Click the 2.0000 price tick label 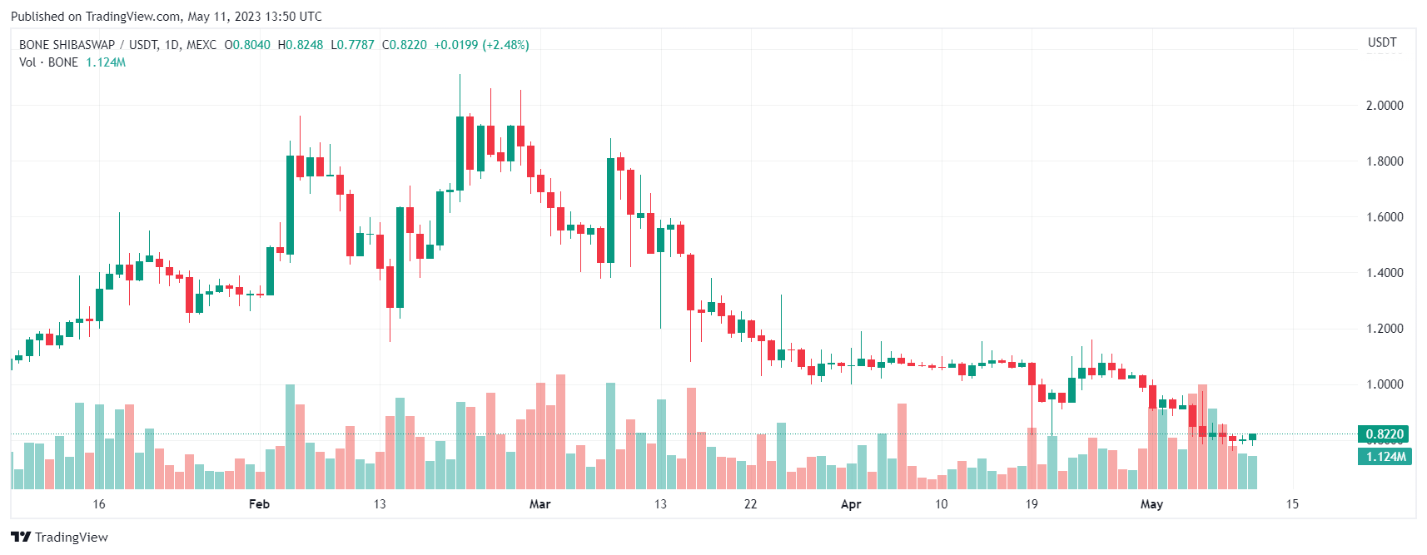[x=1384, y=106]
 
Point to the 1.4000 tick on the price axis [x=1384, y=273]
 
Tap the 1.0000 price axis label [x=1384, y=384]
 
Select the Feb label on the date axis [x=259, y=504]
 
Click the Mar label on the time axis [x=539, y=504]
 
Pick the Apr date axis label [x=851, y=504]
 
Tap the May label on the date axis [x=1151, y=504]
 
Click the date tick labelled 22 [x=750, y=504]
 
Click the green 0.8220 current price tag [x=1384, y=434]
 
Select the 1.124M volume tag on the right [x=1384, y=457]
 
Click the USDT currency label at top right [x=1382, y=42]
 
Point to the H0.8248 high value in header [x=301, y=45]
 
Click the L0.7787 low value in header [x=353, y=45]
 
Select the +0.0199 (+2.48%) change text [x=481, y=45]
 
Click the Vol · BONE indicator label [x=48, y=62]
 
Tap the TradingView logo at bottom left [x=59, y=538]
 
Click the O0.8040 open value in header [x=247, y=45]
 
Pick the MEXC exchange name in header [x=201, y=45]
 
